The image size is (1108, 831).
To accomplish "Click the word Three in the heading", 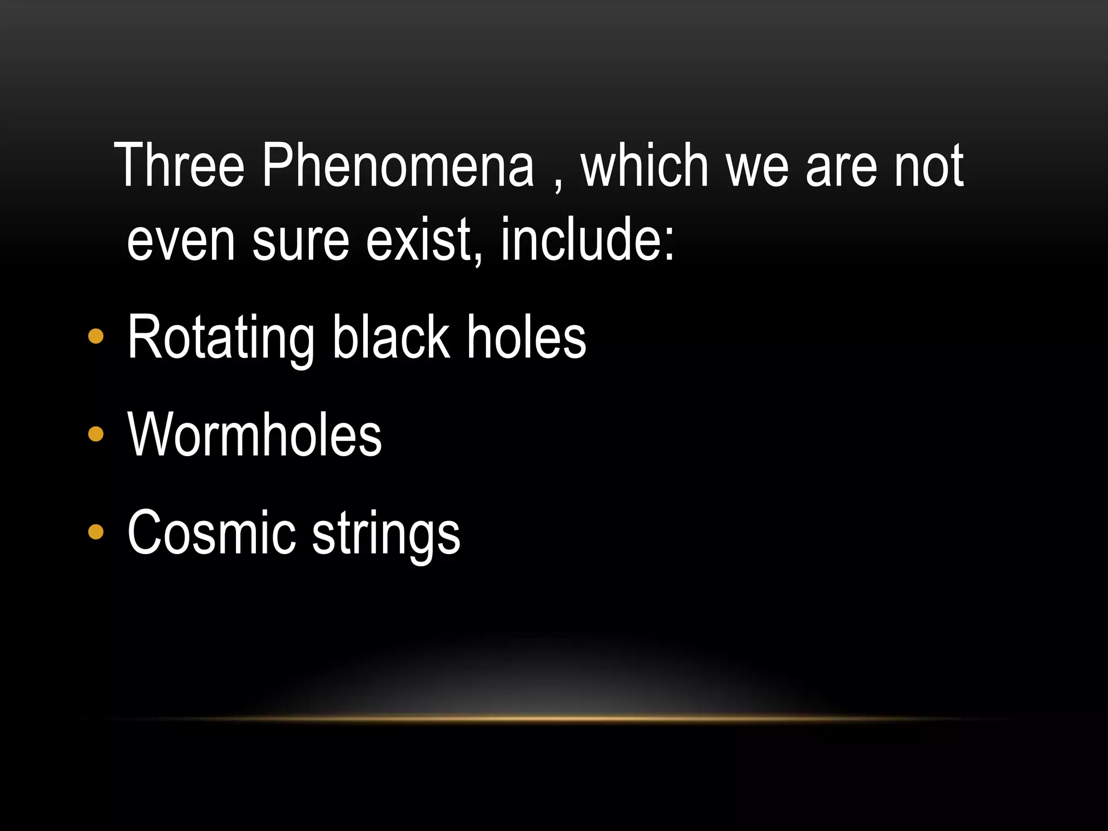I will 180,165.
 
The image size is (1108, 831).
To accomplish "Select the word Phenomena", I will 398,165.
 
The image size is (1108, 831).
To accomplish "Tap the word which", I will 644,165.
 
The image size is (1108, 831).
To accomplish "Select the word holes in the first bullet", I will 526,337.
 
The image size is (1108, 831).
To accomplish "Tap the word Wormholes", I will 254,434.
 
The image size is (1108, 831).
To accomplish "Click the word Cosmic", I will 212,533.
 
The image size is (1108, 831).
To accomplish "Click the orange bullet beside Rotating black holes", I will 96,337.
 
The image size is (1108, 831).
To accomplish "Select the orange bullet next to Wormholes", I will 96,434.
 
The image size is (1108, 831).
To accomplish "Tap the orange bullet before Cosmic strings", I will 96,532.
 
